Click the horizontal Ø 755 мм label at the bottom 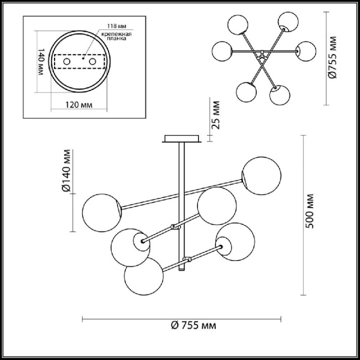click(x=193, y=325)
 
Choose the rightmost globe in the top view click(x=307, y=51)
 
